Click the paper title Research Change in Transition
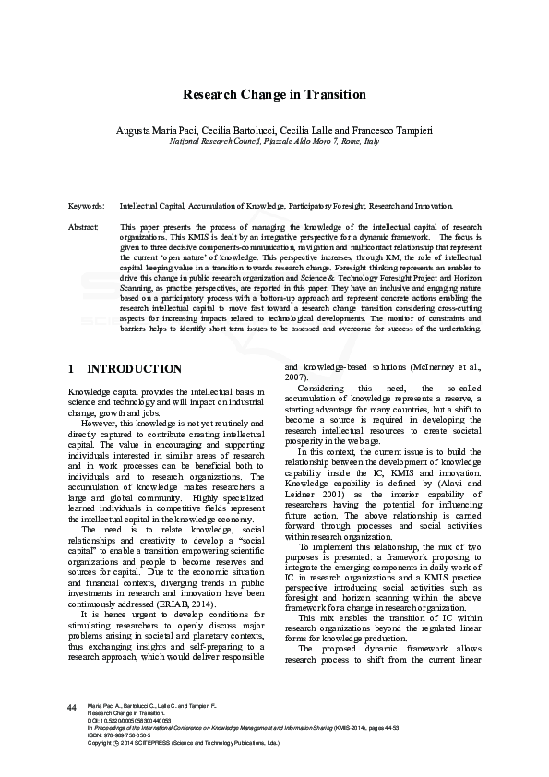[274, 95]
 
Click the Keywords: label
[87, 207]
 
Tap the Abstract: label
[85, 226]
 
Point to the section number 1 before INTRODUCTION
[72, 368]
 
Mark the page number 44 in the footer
[71, 707]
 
